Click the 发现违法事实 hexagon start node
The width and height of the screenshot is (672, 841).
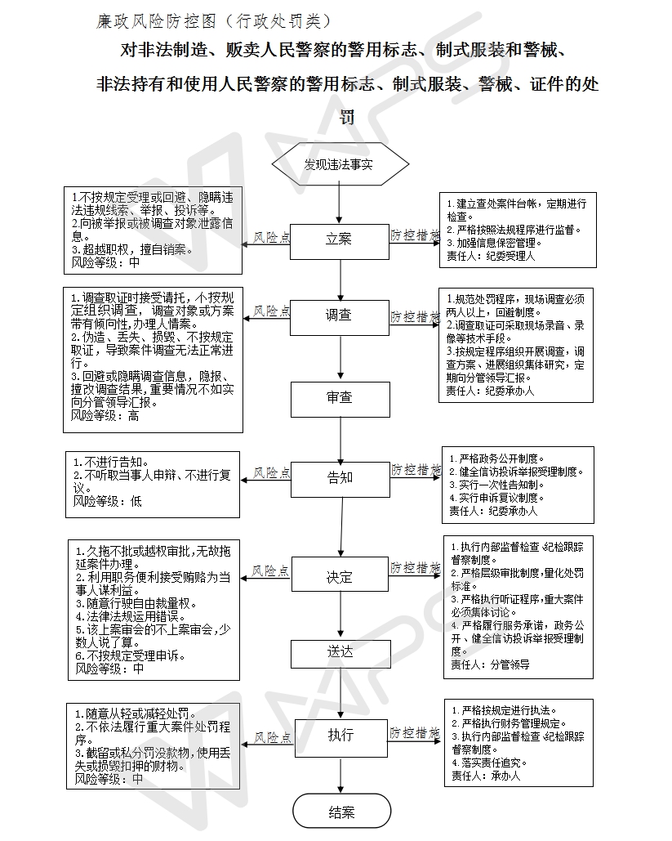click(x=340, y=164)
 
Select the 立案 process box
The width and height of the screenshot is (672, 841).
click(x=340, y=240)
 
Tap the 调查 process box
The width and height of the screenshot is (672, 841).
click(x=340, y=315)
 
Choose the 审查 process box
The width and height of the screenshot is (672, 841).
click(x=340, y=398)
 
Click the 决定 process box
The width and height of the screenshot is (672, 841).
click(x=340, y=577)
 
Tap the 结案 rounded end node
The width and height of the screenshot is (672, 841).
click(x=340, y=812)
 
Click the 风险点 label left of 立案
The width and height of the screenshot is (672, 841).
click(x=270, y=237)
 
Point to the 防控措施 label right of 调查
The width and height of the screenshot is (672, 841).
click(x=415, y=315)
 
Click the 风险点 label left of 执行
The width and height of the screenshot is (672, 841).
click(x=270, y=737)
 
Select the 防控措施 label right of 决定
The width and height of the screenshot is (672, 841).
click(x=415, y=567)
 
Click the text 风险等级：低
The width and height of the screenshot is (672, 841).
click(x=107, y=501)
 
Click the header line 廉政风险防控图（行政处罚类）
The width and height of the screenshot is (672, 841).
click(x=215, y=20)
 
